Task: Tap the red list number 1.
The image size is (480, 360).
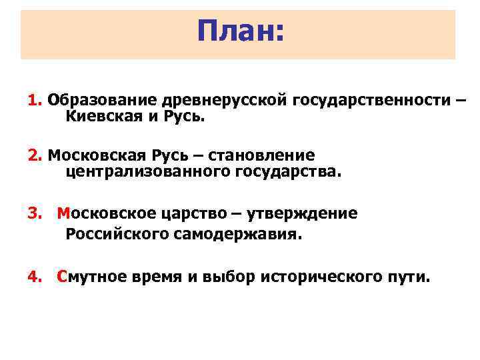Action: coord(35,100)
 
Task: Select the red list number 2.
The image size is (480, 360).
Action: coord(35,156)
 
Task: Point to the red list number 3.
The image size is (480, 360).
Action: coord(35,213)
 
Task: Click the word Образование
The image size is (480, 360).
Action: coord(102,101)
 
